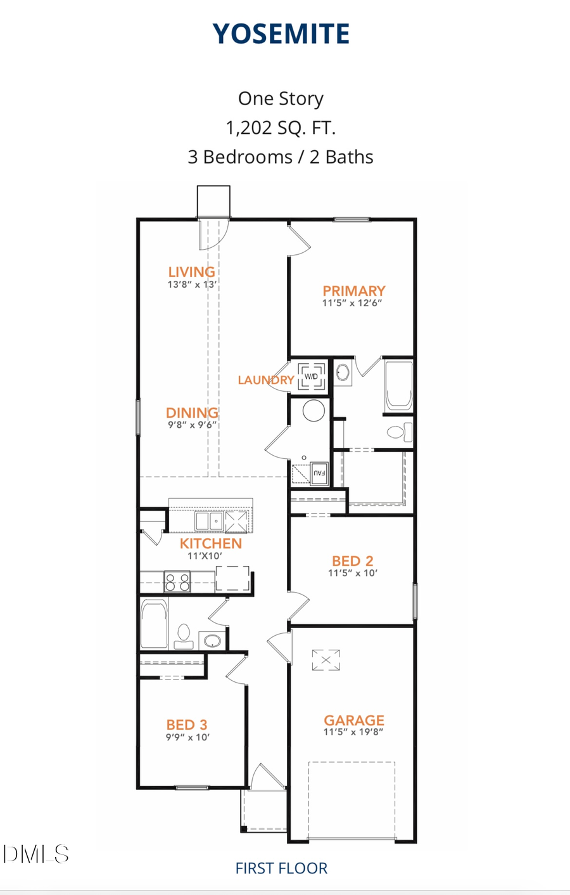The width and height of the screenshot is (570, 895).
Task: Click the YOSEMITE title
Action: coord(281,34)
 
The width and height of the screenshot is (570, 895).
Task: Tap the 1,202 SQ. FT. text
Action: coord(281,128)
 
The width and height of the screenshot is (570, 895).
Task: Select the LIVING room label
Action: coord(191,272)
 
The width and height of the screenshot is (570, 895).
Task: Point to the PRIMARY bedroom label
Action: coord(354,291)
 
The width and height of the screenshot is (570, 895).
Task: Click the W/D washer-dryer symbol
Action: coord(311,377)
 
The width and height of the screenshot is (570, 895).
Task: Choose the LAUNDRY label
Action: coord(265,380)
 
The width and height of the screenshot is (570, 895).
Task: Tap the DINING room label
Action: coord(192,413)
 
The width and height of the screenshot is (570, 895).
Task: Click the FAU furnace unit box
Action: coord(319,473)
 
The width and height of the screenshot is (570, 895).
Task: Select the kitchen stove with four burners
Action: coord(177,582)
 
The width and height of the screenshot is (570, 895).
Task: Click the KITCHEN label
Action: coord(211,544)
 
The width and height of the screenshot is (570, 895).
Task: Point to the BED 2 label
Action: coord(353,561)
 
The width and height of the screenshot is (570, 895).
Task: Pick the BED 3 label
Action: coord(187,724)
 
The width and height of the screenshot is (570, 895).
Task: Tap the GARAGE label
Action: coord(354,720)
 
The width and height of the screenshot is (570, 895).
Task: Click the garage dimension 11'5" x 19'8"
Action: coord(353,732)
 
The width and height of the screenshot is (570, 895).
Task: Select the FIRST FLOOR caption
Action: coord(281,868)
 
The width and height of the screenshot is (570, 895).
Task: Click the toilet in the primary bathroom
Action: coord(398,432)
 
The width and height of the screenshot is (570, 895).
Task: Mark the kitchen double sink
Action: coord(209,521)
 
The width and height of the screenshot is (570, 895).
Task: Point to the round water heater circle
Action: coord(313,411)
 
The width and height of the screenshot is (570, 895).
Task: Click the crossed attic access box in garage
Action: coord(326,660)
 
